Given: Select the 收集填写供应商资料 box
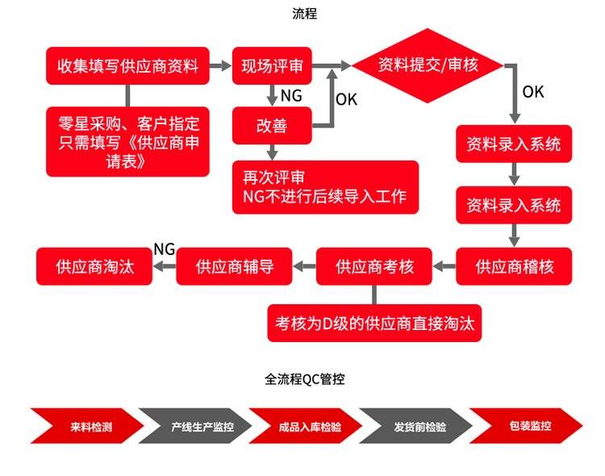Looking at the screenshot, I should [127, 65].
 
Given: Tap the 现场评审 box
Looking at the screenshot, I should [272, 65].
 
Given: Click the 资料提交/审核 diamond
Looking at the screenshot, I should [428, 65].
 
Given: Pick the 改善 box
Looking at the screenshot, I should [272, 125].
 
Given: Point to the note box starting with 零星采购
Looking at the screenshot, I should [127, 140].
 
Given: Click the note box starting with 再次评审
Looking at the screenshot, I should [325, 187].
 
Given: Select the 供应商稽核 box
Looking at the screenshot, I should [514, 266].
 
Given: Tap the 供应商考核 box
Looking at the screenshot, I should [373, 266].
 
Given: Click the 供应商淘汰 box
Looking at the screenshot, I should [95, 266].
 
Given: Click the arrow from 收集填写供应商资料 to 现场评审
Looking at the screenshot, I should [220, 65].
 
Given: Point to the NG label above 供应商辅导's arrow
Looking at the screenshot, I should [164, 248].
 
